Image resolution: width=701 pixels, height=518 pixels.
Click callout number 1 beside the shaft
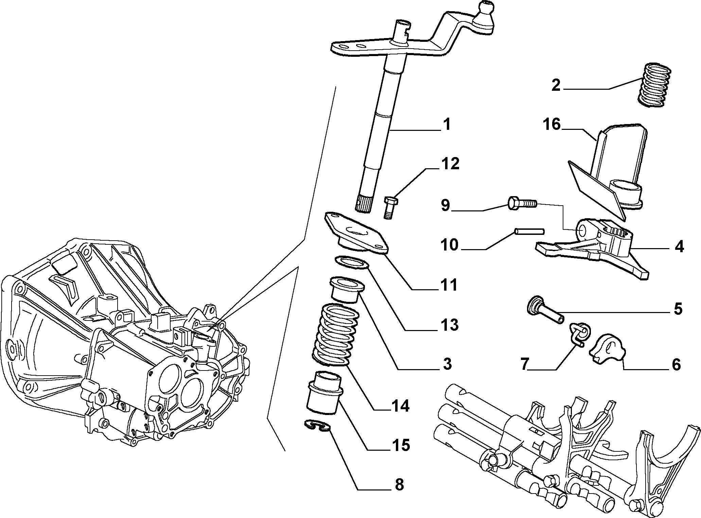click(446, 124)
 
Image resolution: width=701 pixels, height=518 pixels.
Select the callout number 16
click(551, 124)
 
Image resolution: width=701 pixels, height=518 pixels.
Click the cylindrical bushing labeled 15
click(324, 393)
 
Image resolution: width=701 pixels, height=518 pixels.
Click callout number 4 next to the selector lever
click(679, 247)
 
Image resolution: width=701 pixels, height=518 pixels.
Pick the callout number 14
click(400, 405)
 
